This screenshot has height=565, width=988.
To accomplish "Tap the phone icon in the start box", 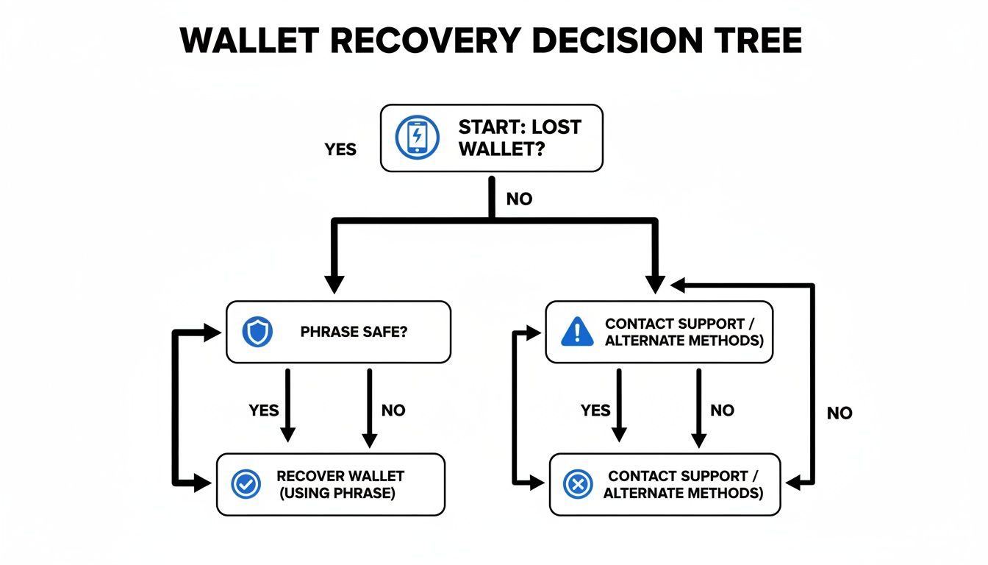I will pyautogui.click(x=417, y=138).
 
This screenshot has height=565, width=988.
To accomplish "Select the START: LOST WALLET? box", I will pyautogui.click(x=491, y=138).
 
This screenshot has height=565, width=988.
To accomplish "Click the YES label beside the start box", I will pyautogui.click(x=340, y=149).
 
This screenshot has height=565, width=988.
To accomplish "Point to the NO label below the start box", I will pyautogui.click(x=519, y=199).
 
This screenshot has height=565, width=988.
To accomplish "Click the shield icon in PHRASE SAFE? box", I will pyautogui.click(x=257, y=332).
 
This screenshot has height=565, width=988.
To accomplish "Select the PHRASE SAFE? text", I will pyautogui.click(x=354, y=332).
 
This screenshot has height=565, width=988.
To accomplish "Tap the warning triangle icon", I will pyautogui.click(x=576, y=332).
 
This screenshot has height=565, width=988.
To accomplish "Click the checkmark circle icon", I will pyautogui.click(x=246, y=484).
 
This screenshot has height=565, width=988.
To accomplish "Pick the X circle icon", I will pyautogui.click(x=577, y=484).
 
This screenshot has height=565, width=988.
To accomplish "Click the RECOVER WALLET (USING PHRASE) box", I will pyautogui.click(x=331, y=484).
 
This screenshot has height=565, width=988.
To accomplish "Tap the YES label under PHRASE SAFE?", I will pyautogui.click(x=263, y=410).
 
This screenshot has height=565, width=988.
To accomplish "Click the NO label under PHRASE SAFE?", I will pyautogui.click(x=393, y=410).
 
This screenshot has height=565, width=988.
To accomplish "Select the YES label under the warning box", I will pyautogui.click(x=595, y=410).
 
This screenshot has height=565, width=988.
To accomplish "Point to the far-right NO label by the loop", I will pyautogui.click(x=839, y=413).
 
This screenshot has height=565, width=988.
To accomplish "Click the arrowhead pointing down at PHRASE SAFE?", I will pyautogui.click(x=334, y=284).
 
